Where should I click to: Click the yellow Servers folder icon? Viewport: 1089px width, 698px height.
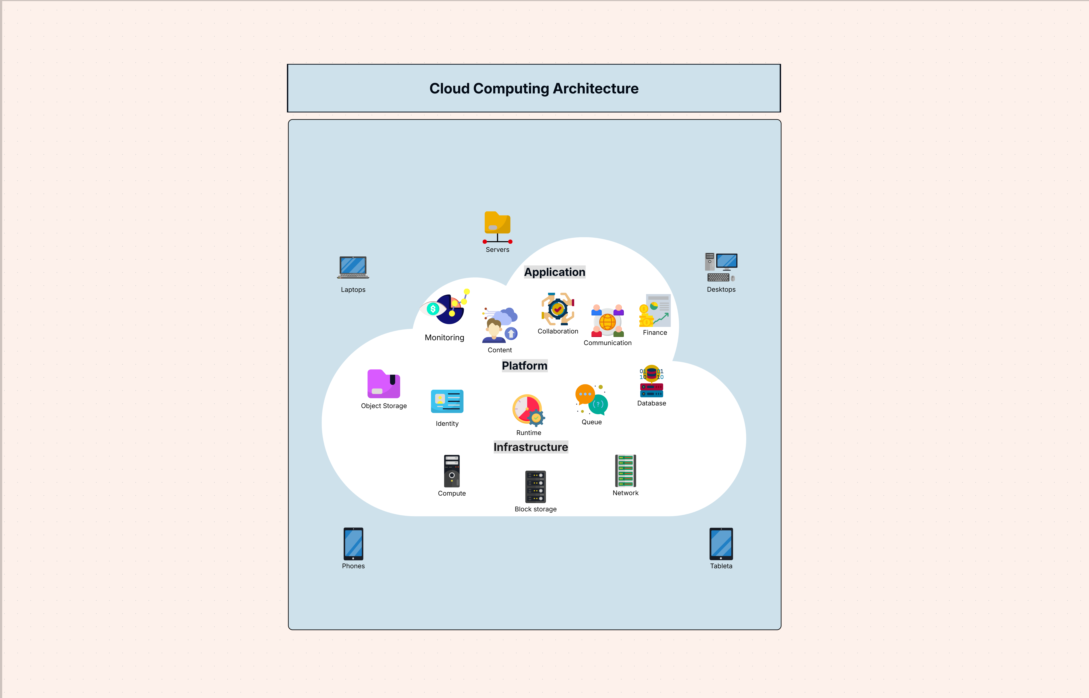pos(497,224)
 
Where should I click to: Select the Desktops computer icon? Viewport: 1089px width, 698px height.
pos(721,267)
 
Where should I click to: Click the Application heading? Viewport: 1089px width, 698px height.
pos(554,272)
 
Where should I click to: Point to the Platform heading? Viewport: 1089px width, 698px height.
pos(524,366)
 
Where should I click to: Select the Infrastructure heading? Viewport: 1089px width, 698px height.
pos(530,447)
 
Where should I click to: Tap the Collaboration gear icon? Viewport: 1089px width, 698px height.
pos(558,309)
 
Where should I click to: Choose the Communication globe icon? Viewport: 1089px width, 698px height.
pos(607,321)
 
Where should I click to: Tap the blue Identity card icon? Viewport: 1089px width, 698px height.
pos(447,401)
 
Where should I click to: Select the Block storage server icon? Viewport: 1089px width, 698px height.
pos(535,487)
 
